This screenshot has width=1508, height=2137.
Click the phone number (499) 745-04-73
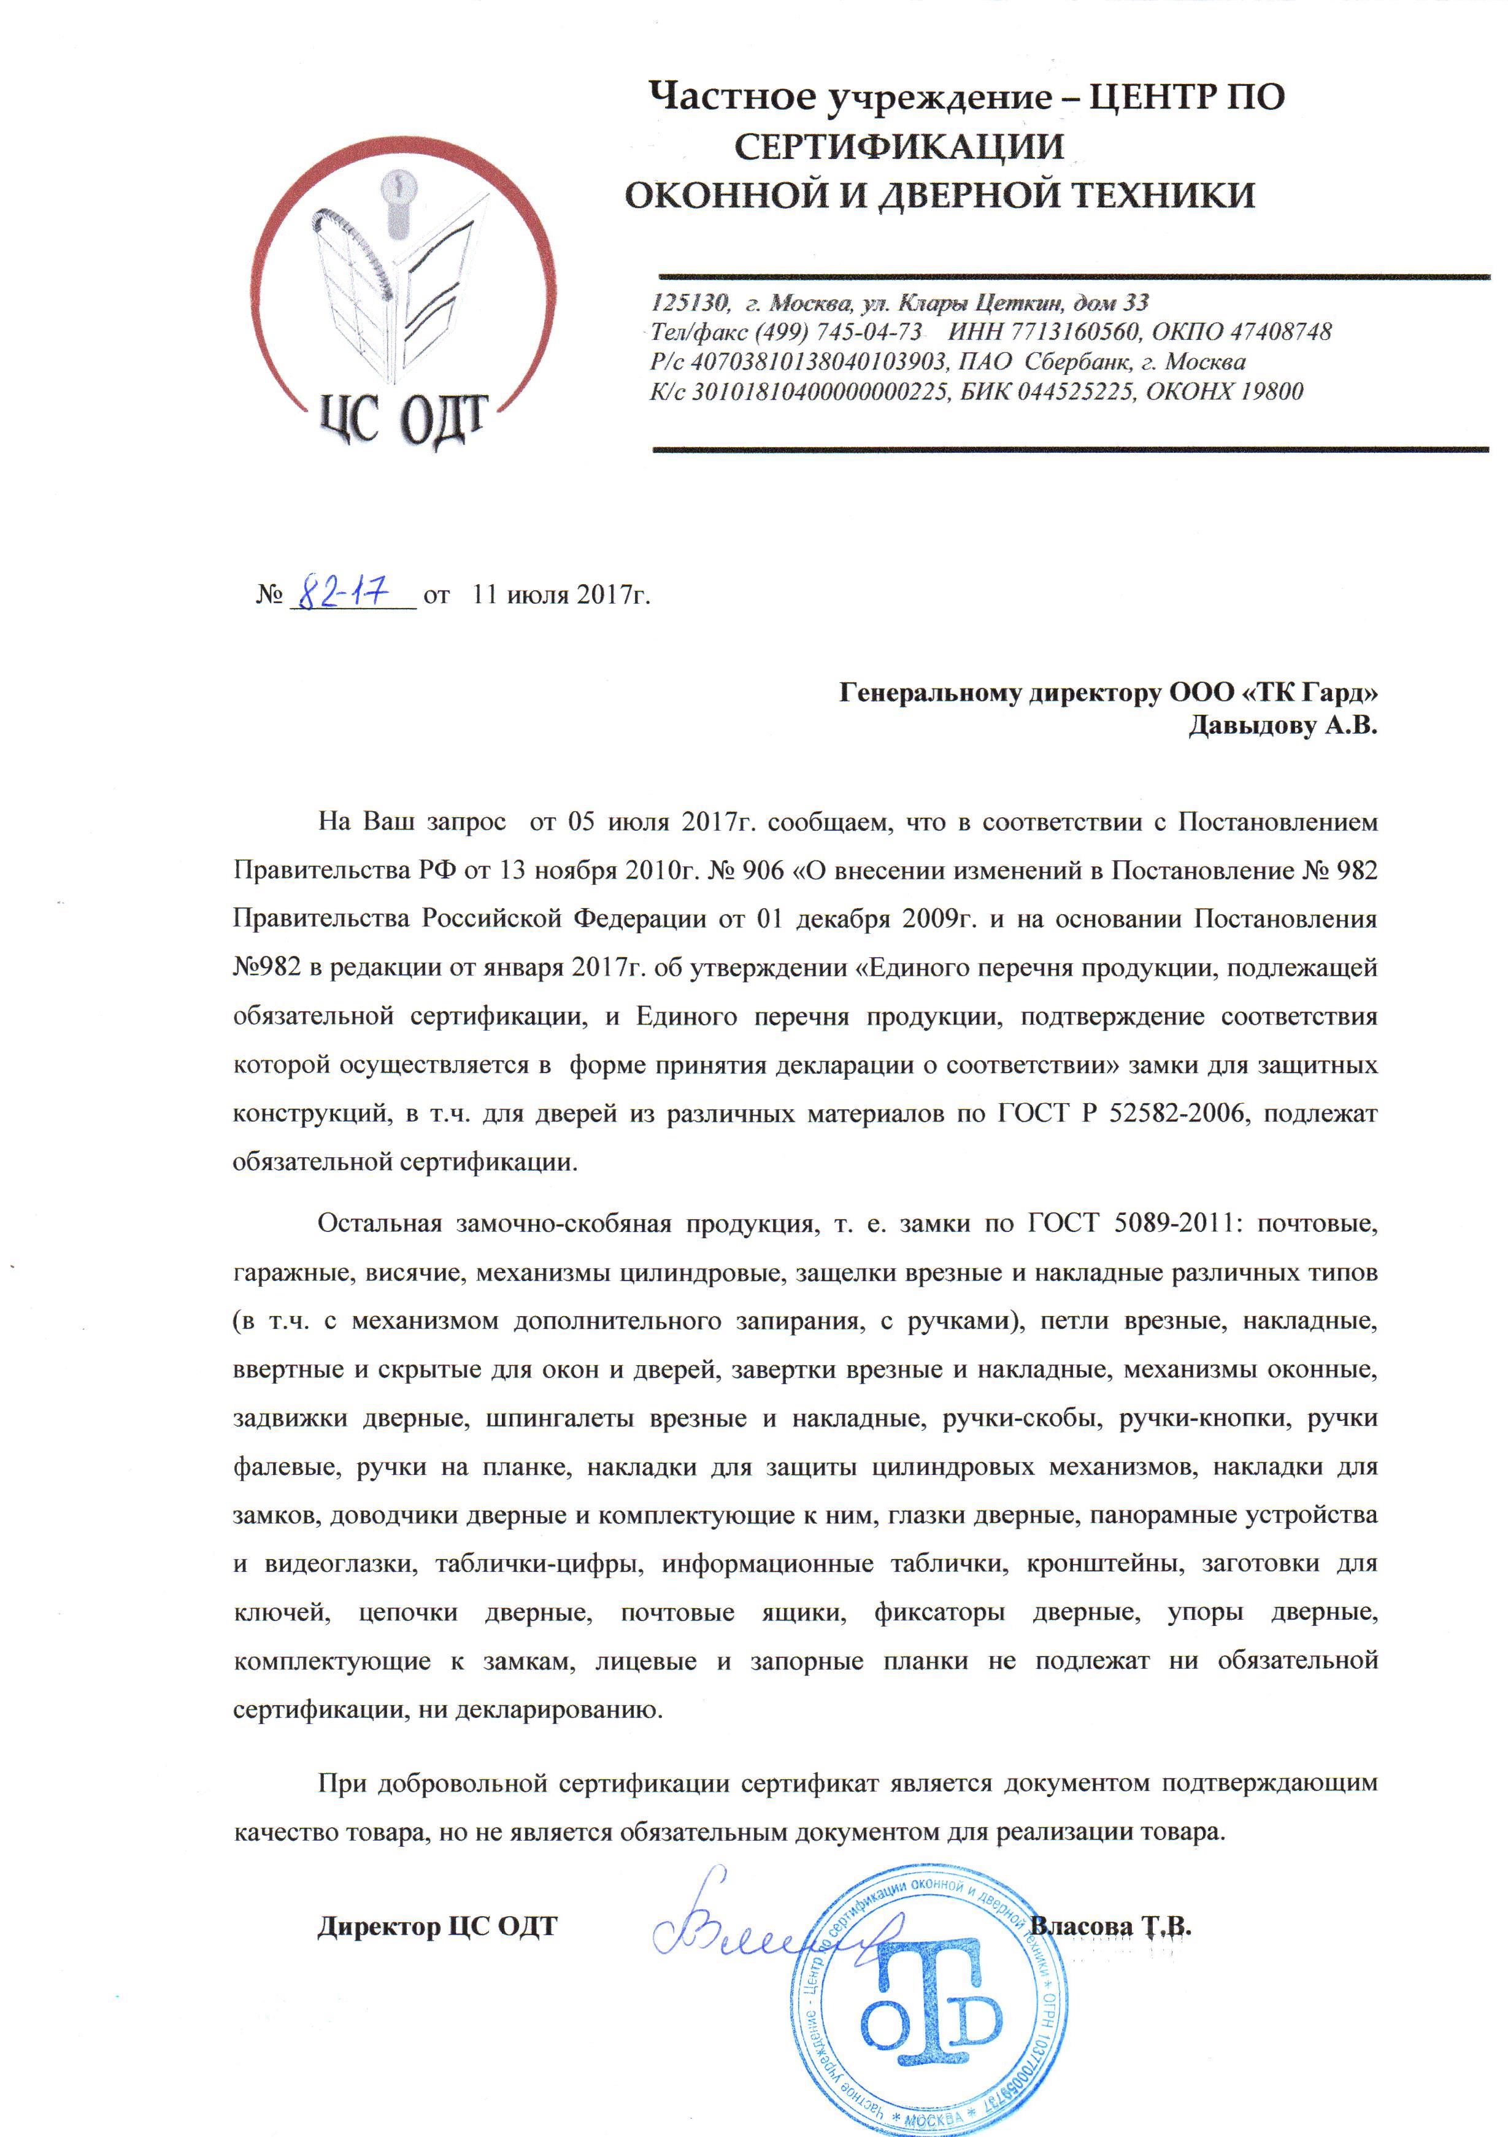[838, 333]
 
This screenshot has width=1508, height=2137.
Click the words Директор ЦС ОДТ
[437, 1926]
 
